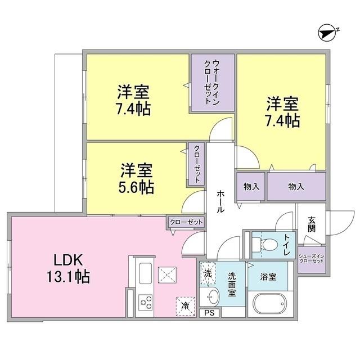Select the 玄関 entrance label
(312, 226)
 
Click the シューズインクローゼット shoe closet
(311, 258)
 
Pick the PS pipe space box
(209, 313)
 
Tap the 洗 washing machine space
(208, 273)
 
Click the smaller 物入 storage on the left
(251, 187)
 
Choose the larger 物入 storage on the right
(296, 187)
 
